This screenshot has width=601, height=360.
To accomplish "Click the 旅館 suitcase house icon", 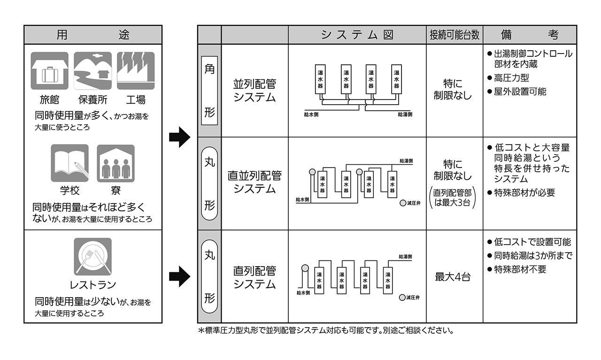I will pos(49,71).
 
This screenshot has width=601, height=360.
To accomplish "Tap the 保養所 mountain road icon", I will pos(92,71).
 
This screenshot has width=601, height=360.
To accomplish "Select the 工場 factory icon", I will pos(136,71).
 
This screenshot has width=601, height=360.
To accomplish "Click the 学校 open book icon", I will pos(69,163).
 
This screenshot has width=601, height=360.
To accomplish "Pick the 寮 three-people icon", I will pos(116,163).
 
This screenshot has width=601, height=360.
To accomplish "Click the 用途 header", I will pos(93,35).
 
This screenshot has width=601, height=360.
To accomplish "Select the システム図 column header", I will pos(357,35).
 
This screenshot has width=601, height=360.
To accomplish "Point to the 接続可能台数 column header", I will pos(454,35).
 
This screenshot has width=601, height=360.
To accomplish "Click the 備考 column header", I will pos(529,35).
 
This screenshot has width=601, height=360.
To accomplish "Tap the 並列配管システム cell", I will pos(254,91).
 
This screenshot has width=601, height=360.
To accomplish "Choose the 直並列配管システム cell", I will pos(254,182).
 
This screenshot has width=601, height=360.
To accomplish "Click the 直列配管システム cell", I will pos(254,277).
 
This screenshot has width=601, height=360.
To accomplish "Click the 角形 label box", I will pos(209,91).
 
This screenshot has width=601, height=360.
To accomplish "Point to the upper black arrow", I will pos(179,138).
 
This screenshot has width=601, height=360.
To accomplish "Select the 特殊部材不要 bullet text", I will pos(520,269).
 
